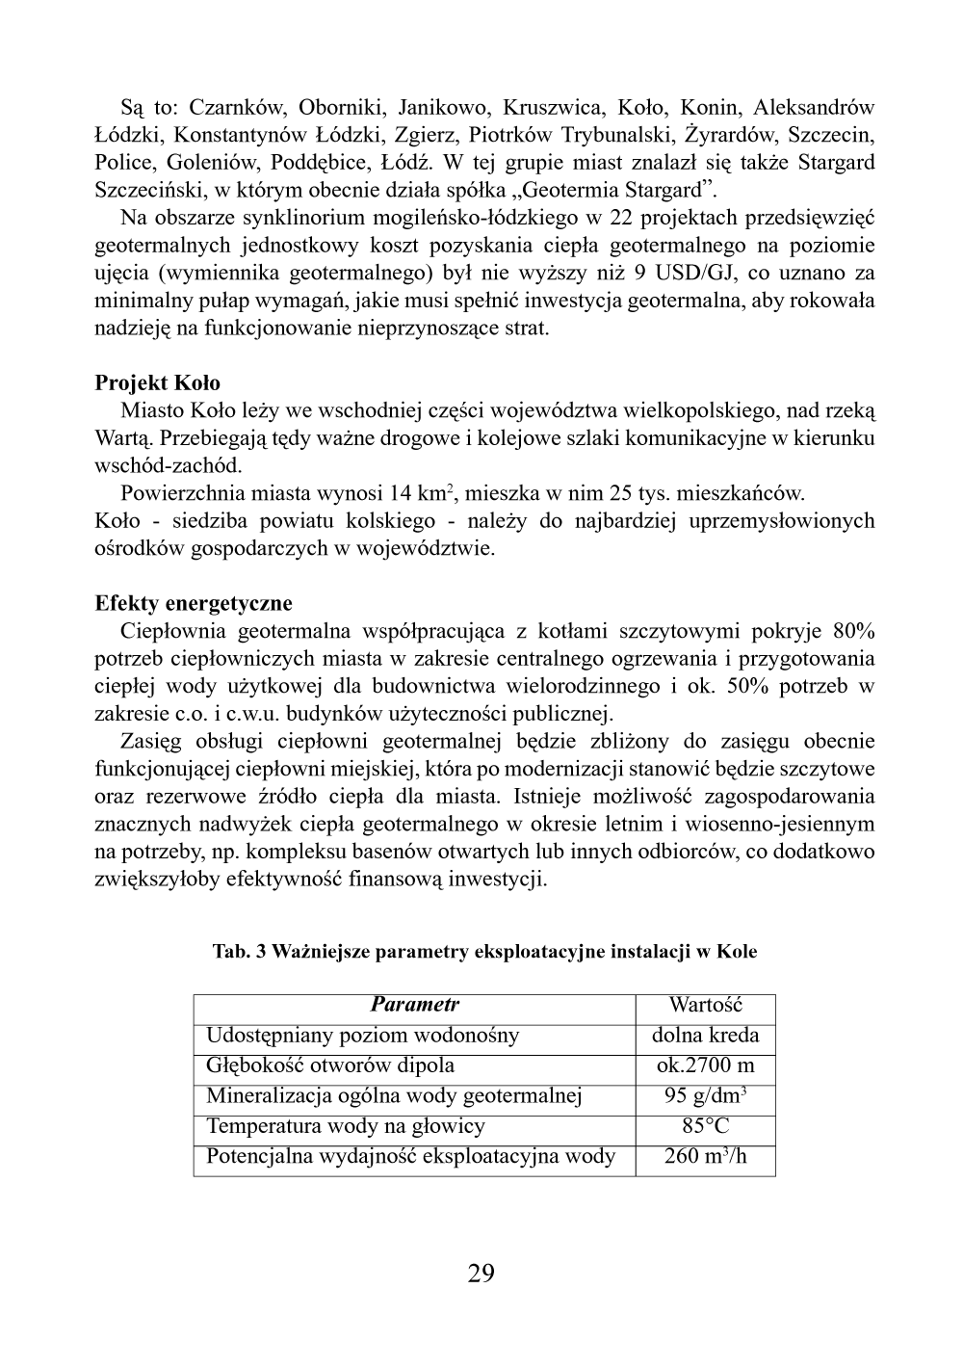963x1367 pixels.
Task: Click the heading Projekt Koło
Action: click(x=157, y=383)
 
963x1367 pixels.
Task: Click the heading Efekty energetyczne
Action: click(x=193, y=604)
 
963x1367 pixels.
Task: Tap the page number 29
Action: click(x=481, y=1274)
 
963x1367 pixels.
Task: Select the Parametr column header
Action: click(x=414, y=1005)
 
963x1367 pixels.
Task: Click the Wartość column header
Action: click(x=705, y=1005)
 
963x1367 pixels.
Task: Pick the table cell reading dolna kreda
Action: click(x=705, y=1036)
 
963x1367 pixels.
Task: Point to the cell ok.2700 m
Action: click(x=705, y=1065)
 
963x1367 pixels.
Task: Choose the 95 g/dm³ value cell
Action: click(x=705, y=1096)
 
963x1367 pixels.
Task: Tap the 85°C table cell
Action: click(x=705, y=1126)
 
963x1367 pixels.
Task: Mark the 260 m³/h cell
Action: click(x=705, y=1156)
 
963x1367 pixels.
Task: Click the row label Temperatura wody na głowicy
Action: click(x=346, y=1126)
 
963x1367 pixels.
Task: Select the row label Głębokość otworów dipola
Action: click(x=330, y=1065)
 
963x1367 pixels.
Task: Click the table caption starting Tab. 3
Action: click(x=484, y=952)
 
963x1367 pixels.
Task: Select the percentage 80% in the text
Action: click(x=853, y=632)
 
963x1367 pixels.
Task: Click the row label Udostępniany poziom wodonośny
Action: click(x=362, y=1036)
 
